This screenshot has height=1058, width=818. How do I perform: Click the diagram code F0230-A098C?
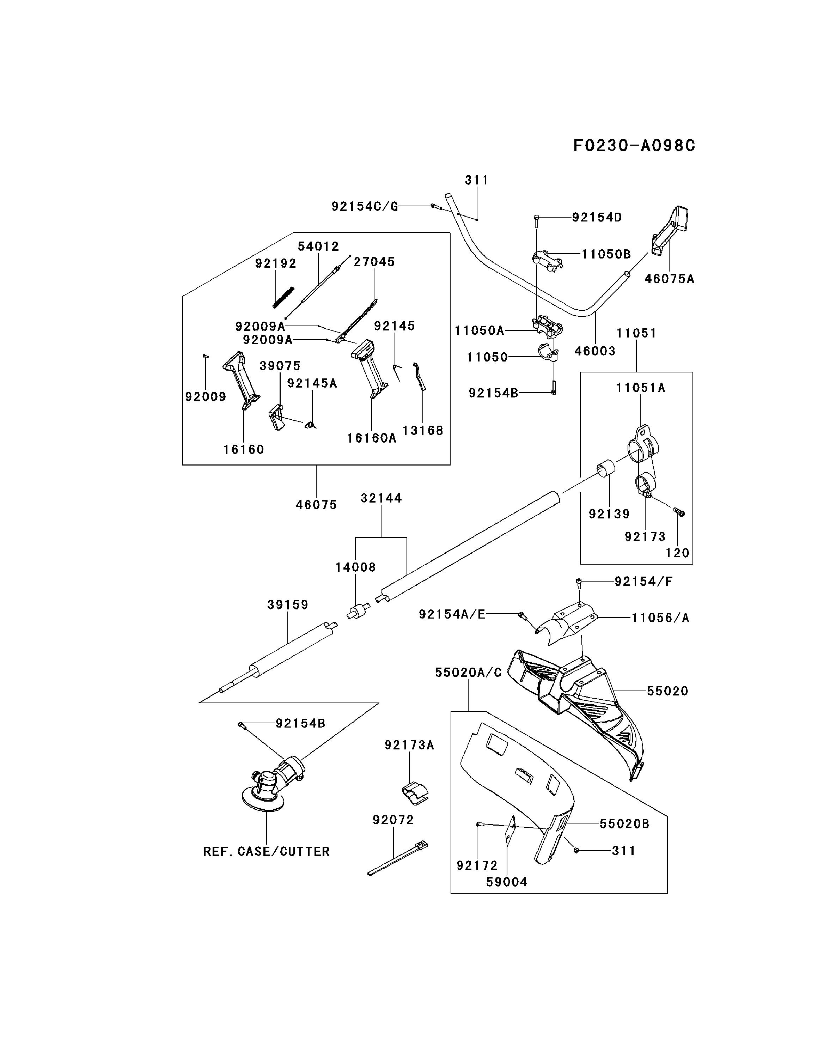tap(634, 145)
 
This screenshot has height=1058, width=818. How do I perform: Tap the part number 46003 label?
tap(595, 351)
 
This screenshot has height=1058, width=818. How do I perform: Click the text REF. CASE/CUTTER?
tap(266, 851)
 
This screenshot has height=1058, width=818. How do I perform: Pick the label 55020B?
tap(624, 823)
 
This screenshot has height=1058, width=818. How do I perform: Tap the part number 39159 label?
tap(288, 604)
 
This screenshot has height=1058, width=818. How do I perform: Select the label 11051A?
tap(641, 388)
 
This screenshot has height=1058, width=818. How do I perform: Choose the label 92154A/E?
tap(452, 614)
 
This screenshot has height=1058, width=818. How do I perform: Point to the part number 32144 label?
tap(381, 498)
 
